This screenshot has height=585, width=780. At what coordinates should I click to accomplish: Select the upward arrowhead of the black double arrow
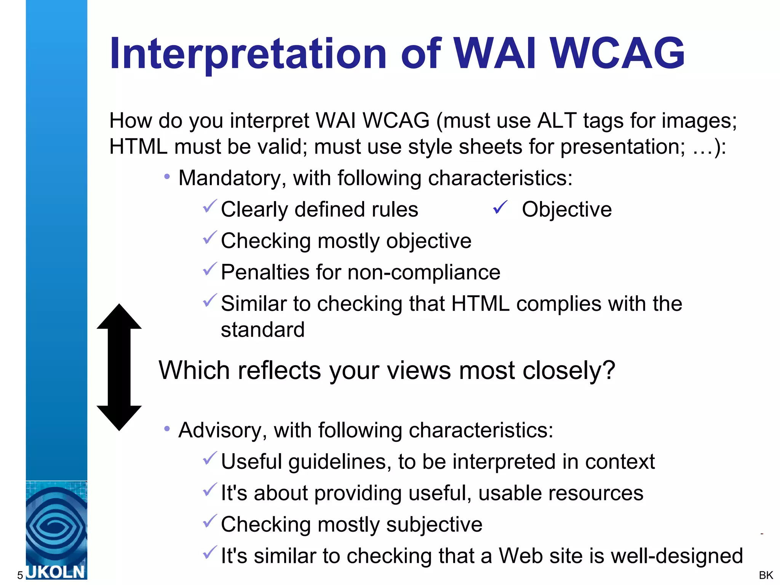(x=119, y=317)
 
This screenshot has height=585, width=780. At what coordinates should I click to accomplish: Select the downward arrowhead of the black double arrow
(x=119, y=418)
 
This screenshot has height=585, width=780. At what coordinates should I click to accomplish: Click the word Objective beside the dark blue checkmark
(x=566, y=209)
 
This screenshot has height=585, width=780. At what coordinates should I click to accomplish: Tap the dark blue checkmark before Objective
(x=500, y=208)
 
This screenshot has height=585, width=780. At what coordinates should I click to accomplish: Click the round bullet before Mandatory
(x=167, y=177)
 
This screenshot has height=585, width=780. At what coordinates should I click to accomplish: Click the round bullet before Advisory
(x=167, y=429)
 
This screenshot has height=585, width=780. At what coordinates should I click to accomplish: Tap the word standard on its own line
(x=263, y=329)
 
